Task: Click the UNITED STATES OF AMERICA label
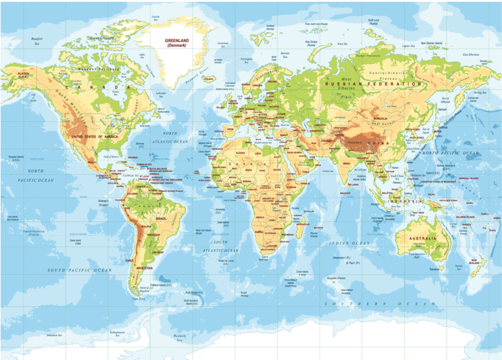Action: point(94,136)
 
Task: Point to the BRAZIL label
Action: point(161,218)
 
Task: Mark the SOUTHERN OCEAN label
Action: point(384,304)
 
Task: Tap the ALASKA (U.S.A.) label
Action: point(24,75)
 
